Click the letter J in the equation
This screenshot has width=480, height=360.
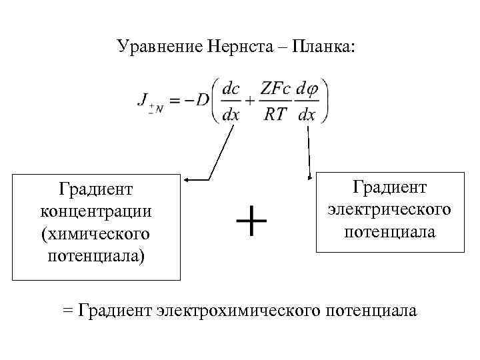(x=143, y=99)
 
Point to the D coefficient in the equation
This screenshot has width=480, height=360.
(x=202, y=100)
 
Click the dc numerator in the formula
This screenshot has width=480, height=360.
(x=232, y=88)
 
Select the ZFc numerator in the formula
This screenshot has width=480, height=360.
(x=276, y=88)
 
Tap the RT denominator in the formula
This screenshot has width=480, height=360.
(x=275, y=114)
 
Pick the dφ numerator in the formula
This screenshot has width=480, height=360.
(x=307, y=88)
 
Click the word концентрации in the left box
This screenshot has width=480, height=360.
(x=96, y=212)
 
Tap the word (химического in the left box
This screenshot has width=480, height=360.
(x=96, y=234)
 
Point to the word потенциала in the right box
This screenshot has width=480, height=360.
(x=390, y=232)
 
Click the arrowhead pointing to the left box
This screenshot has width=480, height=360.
(x=188, y=179)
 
